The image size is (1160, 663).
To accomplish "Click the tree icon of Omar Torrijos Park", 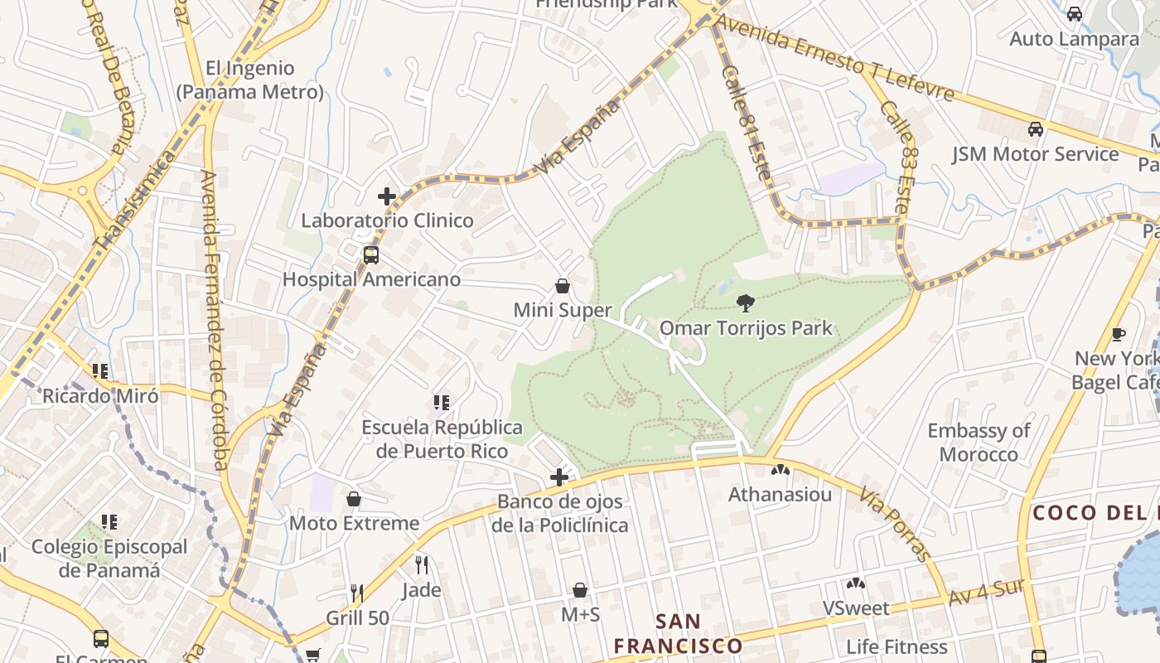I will coord(745,302).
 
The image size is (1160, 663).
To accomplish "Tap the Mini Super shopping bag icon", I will coord(563,287).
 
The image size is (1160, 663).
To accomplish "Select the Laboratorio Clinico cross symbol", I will coord(387,196).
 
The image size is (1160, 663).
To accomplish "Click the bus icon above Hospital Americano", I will coord(370,254).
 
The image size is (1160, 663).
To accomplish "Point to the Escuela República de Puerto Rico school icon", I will coord(442,403).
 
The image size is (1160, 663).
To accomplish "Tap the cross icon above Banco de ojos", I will coord(559,477).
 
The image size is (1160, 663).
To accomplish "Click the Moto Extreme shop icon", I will coord(354,499).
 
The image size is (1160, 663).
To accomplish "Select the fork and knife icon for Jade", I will coord(422,565).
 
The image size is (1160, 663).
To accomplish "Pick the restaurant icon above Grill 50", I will coord(357,593).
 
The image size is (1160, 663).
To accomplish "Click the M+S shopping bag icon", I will coord(580,590).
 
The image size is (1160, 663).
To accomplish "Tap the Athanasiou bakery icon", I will coord(780,470).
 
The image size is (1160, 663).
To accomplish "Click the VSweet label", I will coord(856,608).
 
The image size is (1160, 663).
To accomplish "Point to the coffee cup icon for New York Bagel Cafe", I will coord(1118,334).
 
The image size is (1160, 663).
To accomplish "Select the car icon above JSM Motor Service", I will coord(1035,129).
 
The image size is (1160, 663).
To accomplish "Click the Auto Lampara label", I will coord(1074,39).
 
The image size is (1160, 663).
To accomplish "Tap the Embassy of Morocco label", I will coord(979,443).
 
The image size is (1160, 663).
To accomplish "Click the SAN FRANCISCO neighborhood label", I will coord(678,633).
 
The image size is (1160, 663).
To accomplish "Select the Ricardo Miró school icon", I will coord(100,371).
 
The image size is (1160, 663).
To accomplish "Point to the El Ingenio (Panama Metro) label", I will coord(249,80).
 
